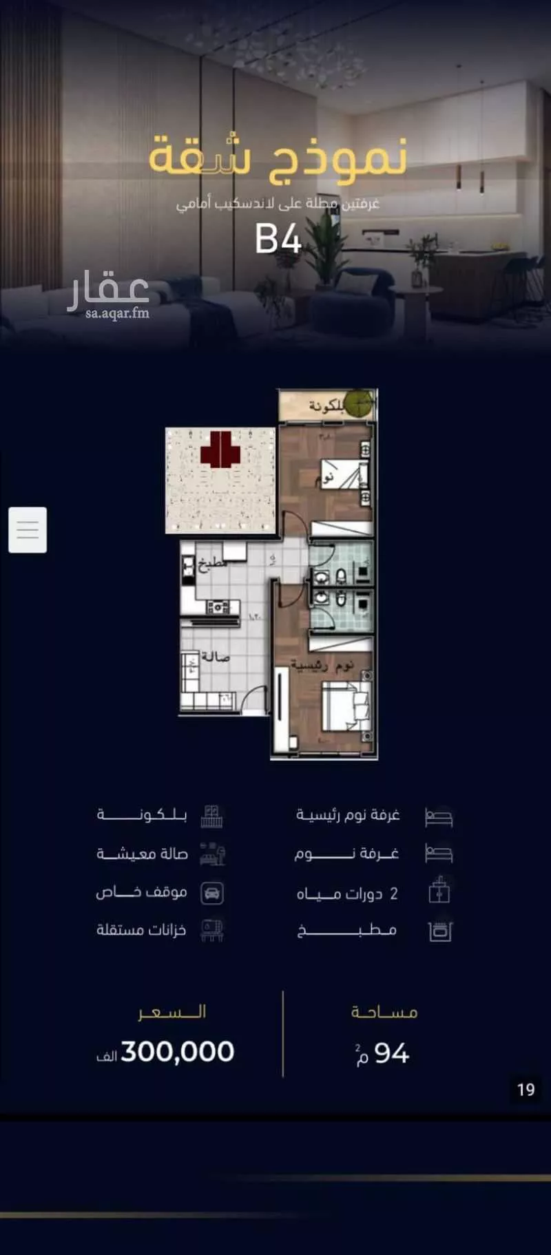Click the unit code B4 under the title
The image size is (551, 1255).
click(x=278, y=239)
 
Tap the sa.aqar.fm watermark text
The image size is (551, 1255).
click(x=117, y=314)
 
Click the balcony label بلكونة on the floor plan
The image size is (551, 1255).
click(x=325, y=406)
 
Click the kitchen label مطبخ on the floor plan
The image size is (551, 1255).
click(x=211, y=565)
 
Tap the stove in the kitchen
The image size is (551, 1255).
click(x=218, y=607)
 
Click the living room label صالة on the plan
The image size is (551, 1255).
click(x=215, y=657)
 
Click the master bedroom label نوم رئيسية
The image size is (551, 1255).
click(x=322, y=665)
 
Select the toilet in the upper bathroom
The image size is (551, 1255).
click(x=340, y=575)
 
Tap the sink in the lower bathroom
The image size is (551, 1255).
click(x=320, y=598)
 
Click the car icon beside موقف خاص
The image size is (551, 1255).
click(x=212, y=894)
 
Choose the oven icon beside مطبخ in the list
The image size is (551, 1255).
click(x=439, y=931)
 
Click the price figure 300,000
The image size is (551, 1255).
click(x=177, y=1052)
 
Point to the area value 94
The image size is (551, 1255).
click(x=391, y=1054)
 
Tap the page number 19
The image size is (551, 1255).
click(x=526, y=1090)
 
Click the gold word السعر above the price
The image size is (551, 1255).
click(x=172, y=1012)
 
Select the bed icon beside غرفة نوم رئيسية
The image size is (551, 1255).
click(x=439, y=816)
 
